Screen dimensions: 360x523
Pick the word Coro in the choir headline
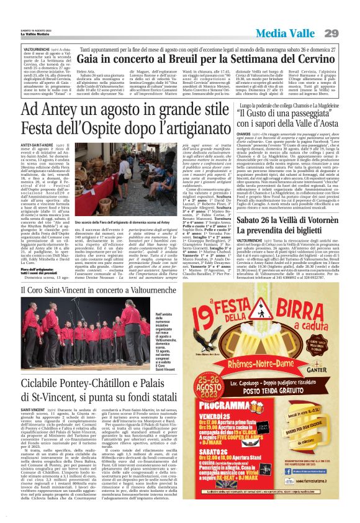(43, 289)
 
